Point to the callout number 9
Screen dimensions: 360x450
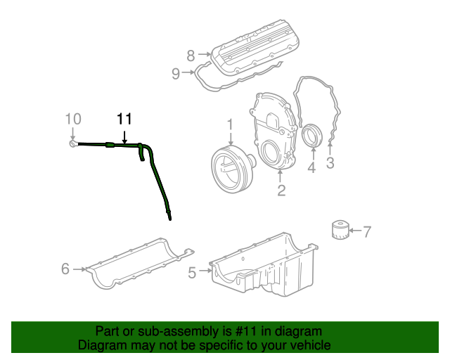tap(176, 72)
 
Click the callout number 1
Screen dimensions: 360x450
tap(229, 124)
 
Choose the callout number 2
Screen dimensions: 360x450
tap(281, 190)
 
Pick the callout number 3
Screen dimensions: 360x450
tap(329, 164)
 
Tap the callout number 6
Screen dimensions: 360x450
tap(65, 269)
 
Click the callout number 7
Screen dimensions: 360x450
tap(366, 230)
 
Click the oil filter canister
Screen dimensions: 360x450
tap(339, 231)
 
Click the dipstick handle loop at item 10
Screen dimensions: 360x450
tap(72, 145)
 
